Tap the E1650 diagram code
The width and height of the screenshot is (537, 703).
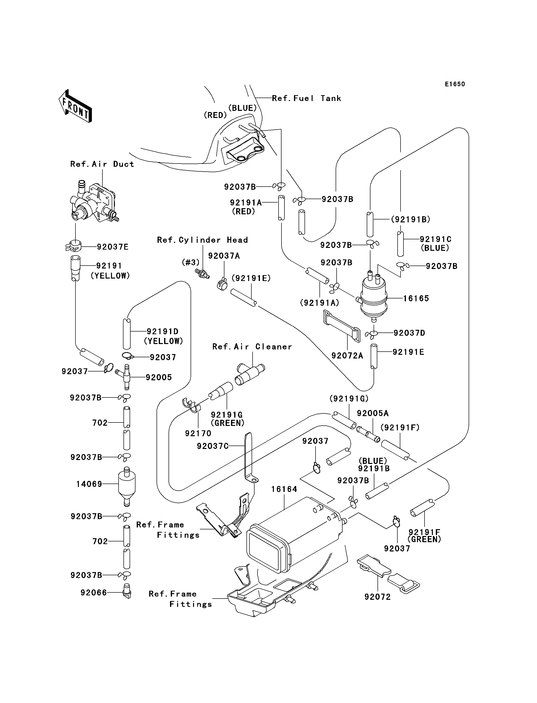click(455, 84)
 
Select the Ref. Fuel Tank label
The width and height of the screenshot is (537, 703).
click(306, 98)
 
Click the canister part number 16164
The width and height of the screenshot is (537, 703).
click(284, 489)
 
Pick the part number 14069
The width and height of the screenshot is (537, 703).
click(89, 484)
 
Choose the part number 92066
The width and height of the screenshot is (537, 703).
click(94, 593)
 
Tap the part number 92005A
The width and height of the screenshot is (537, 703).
click(373, 413)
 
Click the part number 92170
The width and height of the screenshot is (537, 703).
click(198, 433)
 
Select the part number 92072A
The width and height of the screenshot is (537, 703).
click(347, 356)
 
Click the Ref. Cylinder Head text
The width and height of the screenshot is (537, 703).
click(202, 240)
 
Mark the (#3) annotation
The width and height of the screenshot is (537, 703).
click(191, 262)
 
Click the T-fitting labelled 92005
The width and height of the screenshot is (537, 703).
click(125, 377)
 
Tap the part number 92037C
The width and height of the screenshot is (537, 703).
click(213, 446)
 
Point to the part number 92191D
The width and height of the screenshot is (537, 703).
click(162, 332)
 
